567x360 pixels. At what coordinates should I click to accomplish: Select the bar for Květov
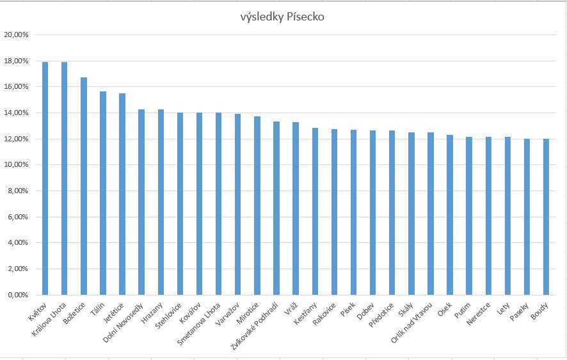(x=45, y=179)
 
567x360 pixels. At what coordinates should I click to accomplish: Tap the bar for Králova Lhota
(x=64, y=179)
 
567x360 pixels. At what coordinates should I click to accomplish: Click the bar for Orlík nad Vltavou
(x=431, y=214)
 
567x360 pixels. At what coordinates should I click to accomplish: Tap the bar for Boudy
(x=547, y=217)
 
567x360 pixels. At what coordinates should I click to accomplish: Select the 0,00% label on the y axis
(x=18, y=295)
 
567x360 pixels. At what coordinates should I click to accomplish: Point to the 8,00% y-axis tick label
(x=18, y=191)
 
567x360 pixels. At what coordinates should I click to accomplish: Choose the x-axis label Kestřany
(x=306, y=311)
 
